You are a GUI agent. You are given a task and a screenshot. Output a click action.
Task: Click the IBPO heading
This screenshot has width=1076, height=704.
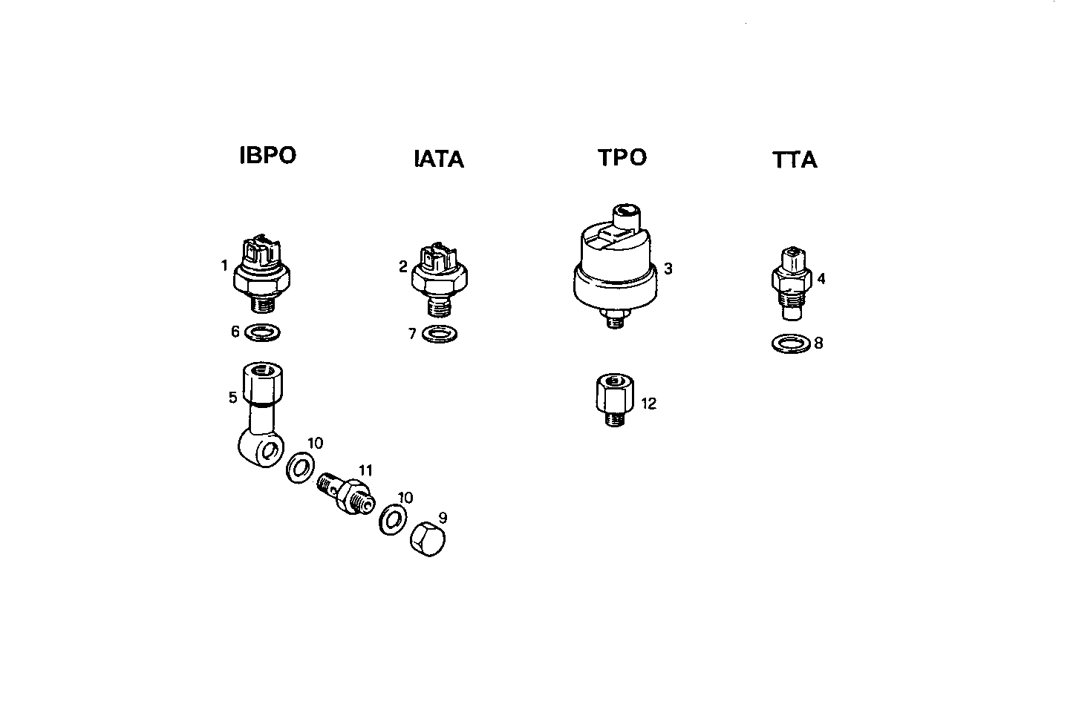pyautogui.click(x=267, y=156)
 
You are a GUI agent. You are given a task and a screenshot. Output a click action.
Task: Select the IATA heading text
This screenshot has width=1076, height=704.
pyautogui.click(x=438, y=159)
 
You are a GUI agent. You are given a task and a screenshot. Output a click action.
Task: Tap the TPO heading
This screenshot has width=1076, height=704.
pyautogui.click(x=622, y=157)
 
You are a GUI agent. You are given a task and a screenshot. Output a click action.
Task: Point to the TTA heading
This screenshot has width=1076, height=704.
pyautogui.click(x=795, y=160)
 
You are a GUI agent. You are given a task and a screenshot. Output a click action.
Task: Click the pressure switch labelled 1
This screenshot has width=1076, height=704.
pyautogui.click(x=261, y=274)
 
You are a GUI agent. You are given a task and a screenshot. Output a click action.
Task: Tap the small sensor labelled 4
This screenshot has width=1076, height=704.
pyautogui.click(x=792, y=283)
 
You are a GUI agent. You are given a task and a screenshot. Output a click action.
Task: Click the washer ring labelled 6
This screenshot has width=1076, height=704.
pyautogui.click(x=262, y=332)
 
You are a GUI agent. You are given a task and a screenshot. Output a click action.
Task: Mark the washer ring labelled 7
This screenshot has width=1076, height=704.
pyautogui.click(x=440, y=334)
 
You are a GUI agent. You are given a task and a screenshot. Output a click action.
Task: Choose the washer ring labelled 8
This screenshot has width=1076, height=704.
pyautogui.click(x=792, y=343)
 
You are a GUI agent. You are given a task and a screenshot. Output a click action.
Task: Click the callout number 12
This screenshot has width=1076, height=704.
pyautogui.click(x=648, y=404)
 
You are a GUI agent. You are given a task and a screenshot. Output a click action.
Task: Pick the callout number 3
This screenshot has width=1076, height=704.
pyautogui.click(x=668, y=269)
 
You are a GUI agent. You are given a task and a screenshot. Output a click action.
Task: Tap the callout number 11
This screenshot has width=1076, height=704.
pyautogui.click(x=365, y=470)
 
